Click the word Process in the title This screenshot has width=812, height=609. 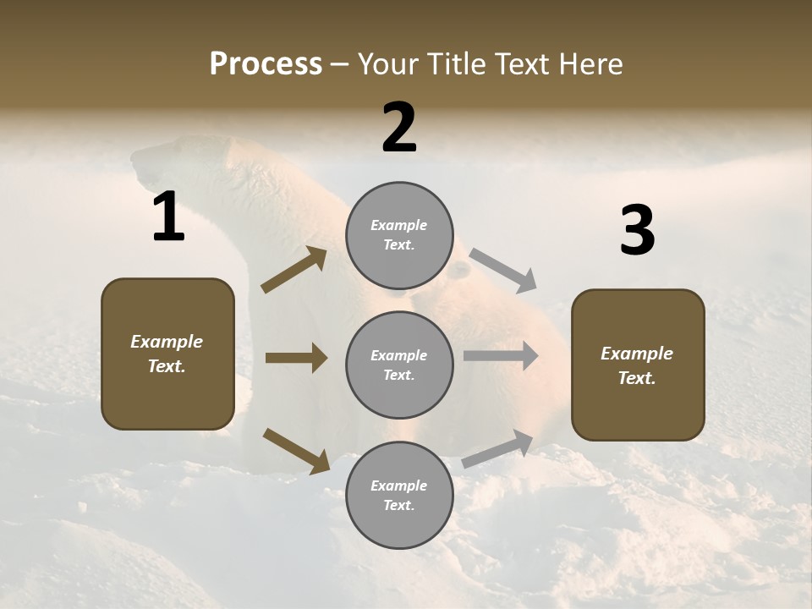[266, 64]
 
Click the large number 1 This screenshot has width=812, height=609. [168, 218]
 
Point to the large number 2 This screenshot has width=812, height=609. [399, 129]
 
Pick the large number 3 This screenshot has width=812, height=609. [637, 232]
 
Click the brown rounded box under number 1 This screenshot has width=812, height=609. [167, 354]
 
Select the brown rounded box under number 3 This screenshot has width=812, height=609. [638, 365]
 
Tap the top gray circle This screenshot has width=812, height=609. [399, 235]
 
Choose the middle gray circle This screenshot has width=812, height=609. [399, 365]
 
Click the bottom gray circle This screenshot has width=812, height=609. [399, 496]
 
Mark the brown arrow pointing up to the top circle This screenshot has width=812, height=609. [294, 270]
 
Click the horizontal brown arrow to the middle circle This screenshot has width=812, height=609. [296, 358]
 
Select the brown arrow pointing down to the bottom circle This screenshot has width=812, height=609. [296, 450]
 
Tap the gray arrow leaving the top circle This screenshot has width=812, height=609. [503, 270]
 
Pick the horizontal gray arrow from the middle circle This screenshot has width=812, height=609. [501, 356]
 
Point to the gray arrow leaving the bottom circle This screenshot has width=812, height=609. [498, 448]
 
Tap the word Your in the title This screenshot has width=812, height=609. [385, 64]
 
